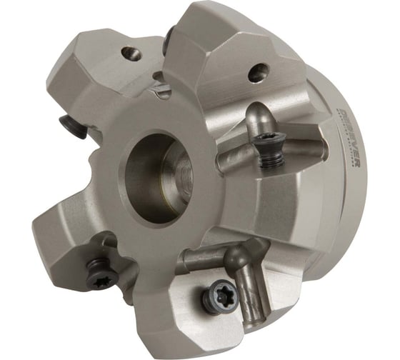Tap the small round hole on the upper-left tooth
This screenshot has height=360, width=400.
coord(130,53)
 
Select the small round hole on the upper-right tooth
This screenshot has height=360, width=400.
coord(259,72)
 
